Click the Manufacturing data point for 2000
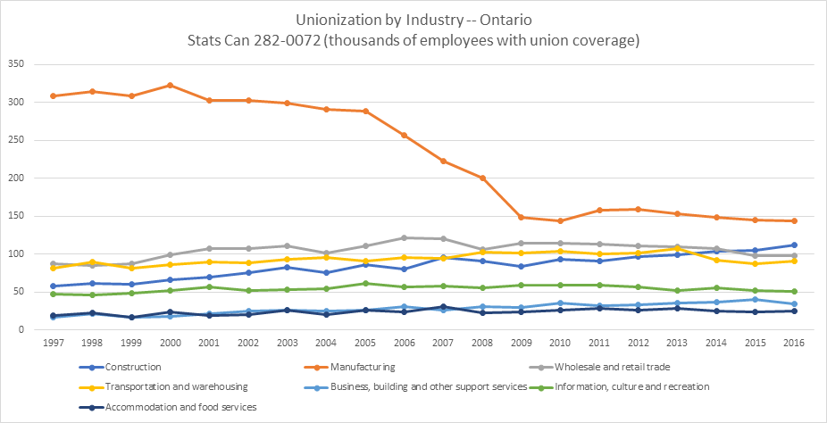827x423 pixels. pyautogui.click(x=170, y=86)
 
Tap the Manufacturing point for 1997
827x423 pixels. pyautogui.click(x=54, y=95)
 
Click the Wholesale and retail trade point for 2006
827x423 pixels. pyautogui.click(x=405, y=237)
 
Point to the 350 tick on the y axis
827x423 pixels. pyautogui.click(x=15, y=64)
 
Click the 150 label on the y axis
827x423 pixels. pyautogui.click(x=15, y=216)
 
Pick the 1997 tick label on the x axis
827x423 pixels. pyautogui.click(x=54, y=344)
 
